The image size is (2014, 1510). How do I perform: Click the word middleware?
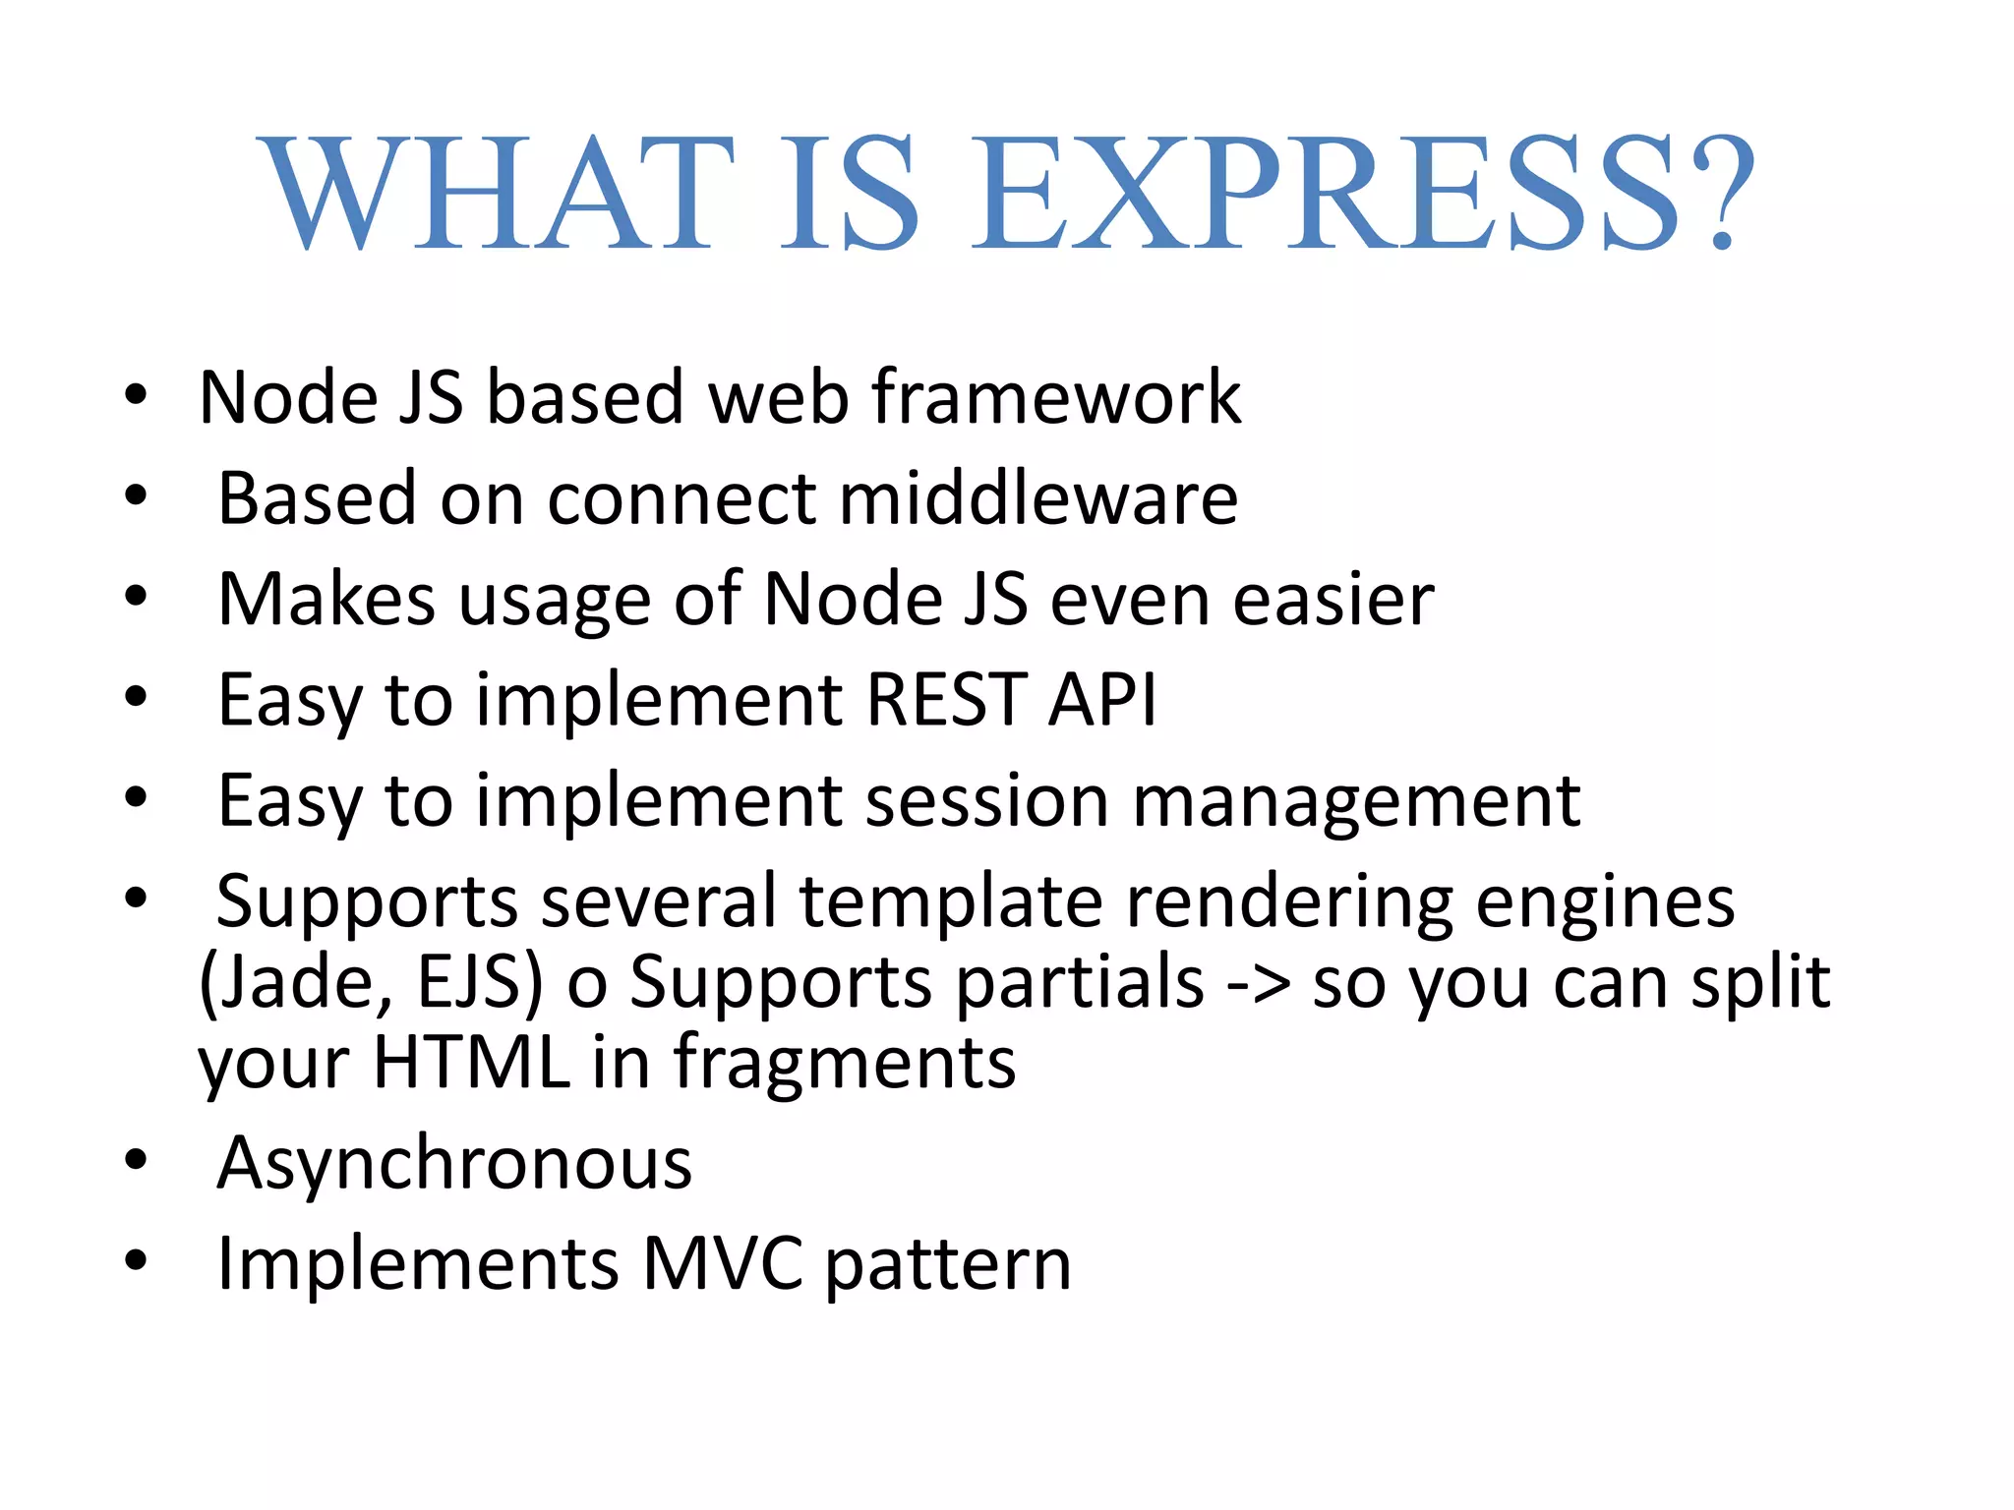tap(1038, 498)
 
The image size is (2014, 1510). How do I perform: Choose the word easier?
tap(1333, 600)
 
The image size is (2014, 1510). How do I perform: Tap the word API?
tap(1102, 700)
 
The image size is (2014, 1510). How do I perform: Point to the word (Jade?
tap(296, 983)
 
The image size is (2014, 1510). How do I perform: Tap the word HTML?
tap(472, 1063)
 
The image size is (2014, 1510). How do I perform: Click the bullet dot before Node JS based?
tap(136, 395)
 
